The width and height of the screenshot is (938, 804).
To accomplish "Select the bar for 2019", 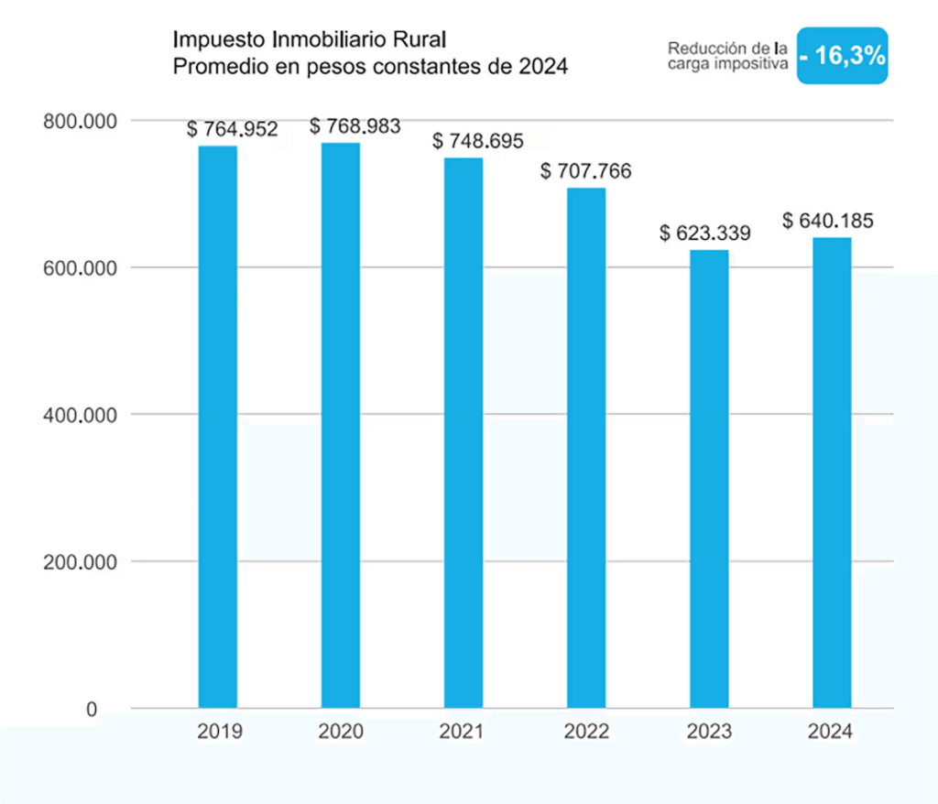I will pyautogui.click(x=218, y=427).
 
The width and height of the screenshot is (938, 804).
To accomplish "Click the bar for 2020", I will pyautogui.click(x=341, y=425).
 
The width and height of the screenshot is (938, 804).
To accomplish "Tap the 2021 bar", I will pyautogui.click(x=464, y=432).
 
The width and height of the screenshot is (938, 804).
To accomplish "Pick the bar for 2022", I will pyautogui.click(x=586, y=448).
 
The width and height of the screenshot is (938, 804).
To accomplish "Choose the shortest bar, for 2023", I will pyautogui.click(x=709, y=479).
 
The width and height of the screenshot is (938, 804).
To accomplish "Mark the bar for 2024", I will pyautogui.click(x=832, y=473).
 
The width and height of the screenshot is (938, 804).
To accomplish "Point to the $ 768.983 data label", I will pyautogui.click(x=354, y=125).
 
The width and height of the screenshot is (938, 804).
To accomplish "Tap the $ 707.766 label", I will pyautogui.click(x=586, y=171).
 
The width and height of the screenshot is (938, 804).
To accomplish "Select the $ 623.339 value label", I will pyautogui.click(x=705, y=233).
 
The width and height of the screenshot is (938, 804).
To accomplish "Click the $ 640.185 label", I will pyautogui.click(x=828, y=221).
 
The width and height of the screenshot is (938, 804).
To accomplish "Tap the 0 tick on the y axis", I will pyautogui.click(x=92, y=709).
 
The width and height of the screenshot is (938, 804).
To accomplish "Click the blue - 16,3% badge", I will pyautogui.click(x=842, y=56).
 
